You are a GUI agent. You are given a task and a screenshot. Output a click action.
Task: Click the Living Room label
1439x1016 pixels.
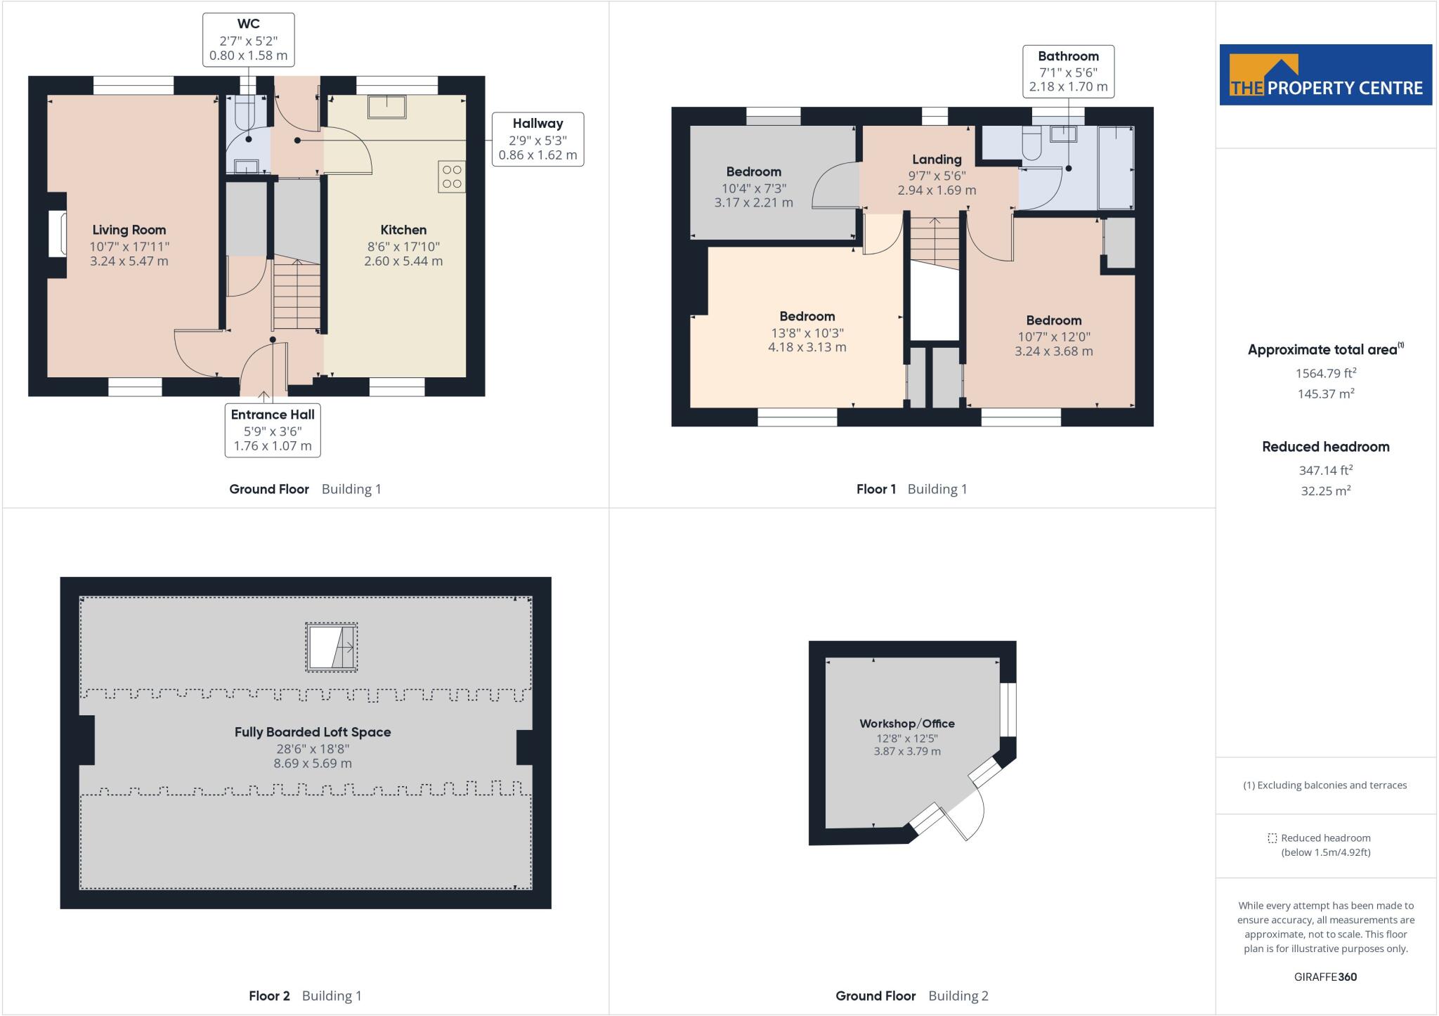click(x=129, y=230)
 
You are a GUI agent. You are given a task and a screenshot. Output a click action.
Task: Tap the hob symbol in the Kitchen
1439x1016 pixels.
click(x=452, y=176)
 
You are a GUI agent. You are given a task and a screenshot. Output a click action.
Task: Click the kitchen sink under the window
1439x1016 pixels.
click(x=386, y=107)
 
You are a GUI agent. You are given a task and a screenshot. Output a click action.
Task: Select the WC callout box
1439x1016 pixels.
click(x=248, y=40)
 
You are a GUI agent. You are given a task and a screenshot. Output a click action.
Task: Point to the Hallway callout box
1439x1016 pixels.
click(x=538, y=139)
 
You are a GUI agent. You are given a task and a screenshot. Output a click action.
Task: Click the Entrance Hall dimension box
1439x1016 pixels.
click(x=273, y=430)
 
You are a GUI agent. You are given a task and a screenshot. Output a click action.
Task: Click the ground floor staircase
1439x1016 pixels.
click(x=297, y=294)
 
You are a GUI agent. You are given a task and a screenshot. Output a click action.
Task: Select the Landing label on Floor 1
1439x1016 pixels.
click(x=937, y=159)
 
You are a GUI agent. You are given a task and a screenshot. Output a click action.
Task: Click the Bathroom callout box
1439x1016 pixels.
click(x=1068, y=71)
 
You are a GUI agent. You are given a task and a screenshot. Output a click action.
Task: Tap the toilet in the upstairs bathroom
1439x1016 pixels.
click(x=1031, y=143)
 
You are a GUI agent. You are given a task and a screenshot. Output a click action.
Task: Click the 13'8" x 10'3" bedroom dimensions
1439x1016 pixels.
click(x=807, y=333)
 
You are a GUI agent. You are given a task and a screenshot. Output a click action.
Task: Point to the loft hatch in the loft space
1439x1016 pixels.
click(x=332, y=647)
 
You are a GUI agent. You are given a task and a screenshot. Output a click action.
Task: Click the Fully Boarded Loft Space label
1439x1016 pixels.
click(x=313, y=732)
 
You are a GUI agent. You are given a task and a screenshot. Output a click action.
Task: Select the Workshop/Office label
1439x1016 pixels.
click(x=907, y=724)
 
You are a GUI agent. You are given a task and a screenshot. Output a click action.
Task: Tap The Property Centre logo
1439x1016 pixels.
click(x=1325, y=75)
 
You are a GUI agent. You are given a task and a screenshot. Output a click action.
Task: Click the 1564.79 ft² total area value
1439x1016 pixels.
click(x=1325, y=373)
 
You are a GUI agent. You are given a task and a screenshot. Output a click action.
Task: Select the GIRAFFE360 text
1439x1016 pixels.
click(x=1325, y=977)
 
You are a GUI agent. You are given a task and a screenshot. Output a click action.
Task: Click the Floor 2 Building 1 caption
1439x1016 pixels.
click(x=305, y=996)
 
